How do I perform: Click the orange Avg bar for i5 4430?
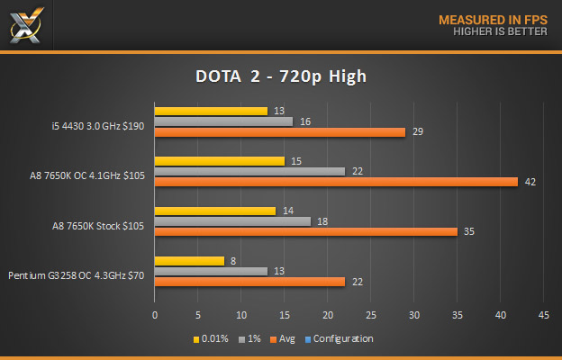(x=279, y=132)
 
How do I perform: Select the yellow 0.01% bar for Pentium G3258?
(x=189, y=261)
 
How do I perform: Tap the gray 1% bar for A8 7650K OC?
(x=249, y=171)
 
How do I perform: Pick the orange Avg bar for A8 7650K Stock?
(x=305, y=231)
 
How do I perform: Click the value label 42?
(x=530, y=182)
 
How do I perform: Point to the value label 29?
(x=418, y=132)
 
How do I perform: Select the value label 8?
(x=232, y=261)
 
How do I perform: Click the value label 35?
(x=470, y=231)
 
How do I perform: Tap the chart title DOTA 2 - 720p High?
(x=280, y=76)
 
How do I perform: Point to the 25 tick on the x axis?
(x=370, y=316)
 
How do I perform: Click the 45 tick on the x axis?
(x=543, y=316)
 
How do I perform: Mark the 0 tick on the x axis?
(x=155, y=316)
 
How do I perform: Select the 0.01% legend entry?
(x=212, y=339)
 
